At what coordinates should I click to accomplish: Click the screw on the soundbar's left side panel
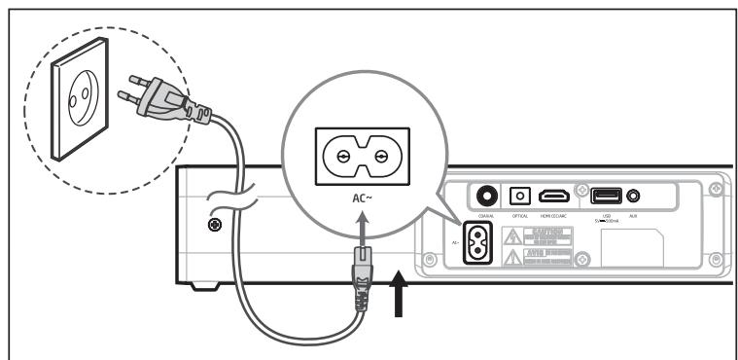tap(212, 226)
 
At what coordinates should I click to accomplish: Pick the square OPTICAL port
tap(519, 196)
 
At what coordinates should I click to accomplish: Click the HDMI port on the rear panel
tap(555, 196)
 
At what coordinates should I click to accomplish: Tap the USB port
tap(606, 195)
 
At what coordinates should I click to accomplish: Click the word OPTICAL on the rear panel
tap(519, 214)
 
